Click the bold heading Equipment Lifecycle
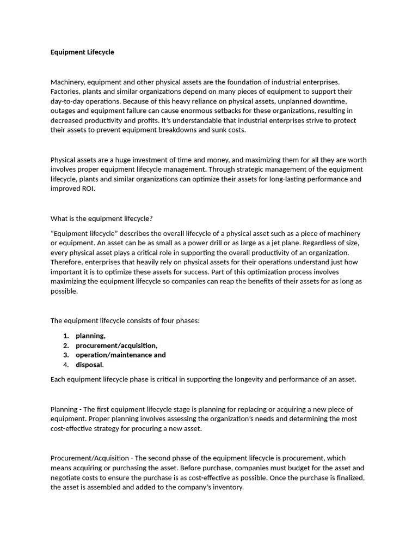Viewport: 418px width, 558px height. coord(82,52)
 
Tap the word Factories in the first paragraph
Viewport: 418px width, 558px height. coord(66,92)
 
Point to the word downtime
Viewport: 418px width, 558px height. coord(333,101)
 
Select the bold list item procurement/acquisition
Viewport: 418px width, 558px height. coord(116,345)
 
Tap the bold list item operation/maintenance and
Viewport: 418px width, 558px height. coord(121,355)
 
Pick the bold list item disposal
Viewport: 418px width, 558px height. coord(89,365)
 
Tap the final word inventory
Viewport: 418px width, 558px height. coord(228,488)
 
